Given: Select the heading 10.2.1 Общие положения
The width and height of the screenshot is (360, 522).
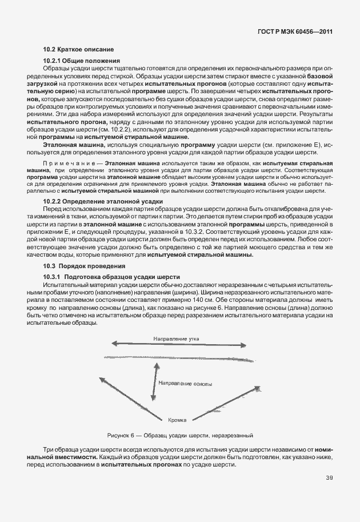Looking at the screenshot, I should click(81, 61).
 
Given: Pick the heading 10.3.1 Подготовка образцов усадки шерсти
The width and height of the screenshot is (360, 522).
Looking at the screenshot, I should click(111, 277).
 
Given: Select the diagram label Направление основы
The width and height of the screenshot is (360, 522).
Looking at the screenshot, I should click(186, 383).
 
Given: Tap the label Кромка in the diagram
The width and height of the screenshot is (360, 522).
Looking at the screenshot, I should click(178, 420).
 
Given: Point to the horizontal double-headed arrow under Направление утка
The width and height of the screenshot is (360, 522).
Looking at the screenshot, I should click(178, 344).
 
